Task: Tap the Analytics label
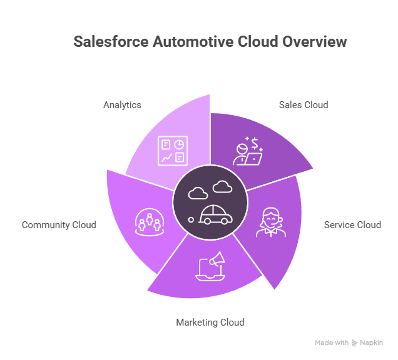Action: (x=122, y=105)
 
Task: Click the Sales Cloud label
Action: (x=304, y=105)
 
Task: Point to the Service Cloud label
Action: (x=352, y=225)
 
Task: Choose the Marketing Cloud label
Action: (x=210, y=322)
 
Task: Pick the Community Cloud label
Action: (x=59, y=225)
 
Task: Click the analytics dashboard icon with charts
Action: (x=173, y=151)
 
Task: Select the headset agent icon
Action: (x=270, y=222)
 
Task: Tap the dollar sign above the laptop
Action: (x=255, y=144)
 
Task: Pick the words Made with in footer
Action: (x=332, y=343)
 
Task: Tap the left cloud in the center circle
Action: (x=198, y=192)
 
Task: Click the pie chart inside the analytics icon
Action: (x=179, y=144)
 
